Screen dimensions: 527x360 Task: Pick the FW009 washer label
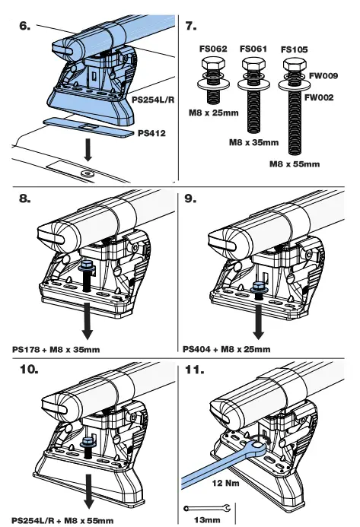(323, 75)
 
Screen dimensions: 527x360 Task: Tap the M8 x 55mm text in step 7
(304, 162)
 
